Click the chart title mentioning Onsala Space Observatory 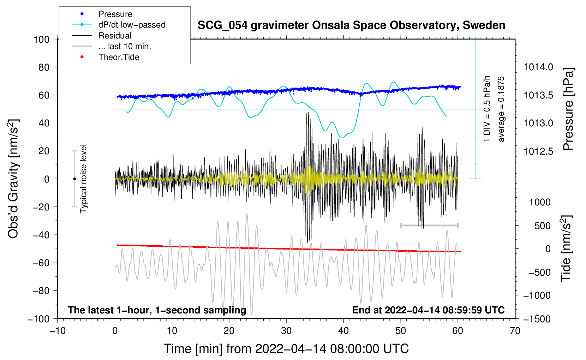pos(351,25)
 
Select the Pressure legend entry pos(115,14)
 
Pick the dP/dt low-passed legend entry pos(132,25)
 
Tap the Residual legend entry pos(115,36)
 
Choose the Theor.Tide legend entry pos(119,57)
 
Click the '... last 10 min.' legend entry pos(124,46)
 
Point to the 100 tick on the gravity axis pos(41,39)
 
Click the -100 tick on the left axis pos(38,319)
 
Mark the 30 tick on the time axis pos(286,331)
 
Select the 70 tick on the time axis pos(515,331)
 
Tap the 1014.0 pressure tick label pos(538,67)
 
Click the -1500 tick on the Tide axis pos(537,319)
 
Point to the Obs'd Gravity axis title pos(13,179)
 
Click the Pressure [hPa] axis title pos(568,109)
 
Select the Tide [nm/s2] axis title pos(566,248)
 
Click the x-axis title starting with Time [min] pos(286,349)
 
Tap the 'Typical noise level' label pos(83,179)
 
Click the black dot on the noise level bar pos(74,179)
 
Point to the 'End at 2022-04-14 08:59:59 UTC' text pos(428,310)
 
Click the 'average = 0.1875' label pos(501,109)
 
